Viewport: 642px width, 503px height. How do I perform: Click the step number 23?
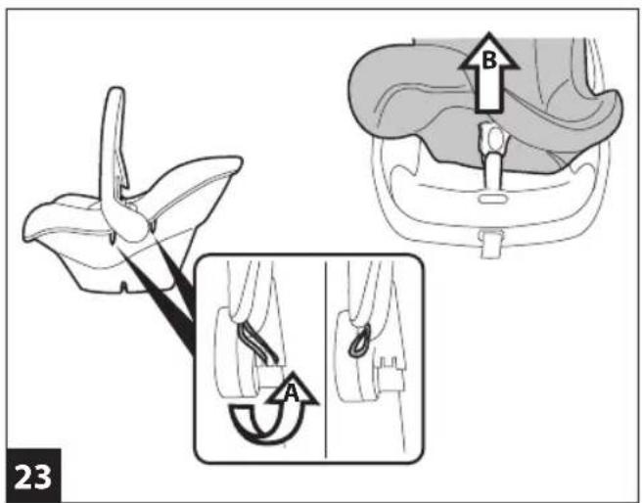[33, 477]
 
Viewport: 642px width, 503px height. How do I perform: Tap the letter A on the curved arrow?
[291, 393]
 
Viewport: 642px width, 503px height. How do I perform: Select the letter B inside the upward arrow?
[489, 61]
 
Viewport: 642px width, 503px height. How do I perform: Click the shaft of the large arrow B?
[489, 90]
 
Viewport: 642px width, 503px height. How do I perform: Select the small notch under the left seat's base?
[124, 286]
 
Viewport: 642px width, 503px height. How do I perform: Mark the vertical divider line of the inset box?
[326, 359]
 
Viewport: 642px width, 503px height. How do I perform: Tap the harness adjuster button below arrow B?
[493, 138]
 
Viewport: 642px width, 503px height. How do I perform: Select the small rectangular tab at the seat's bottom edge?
[491, 244]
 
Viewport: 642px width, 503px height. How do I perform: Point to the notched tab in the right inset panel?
[390, 373]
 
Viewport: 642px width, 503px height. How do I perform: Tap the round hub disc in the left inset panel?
[230, 353]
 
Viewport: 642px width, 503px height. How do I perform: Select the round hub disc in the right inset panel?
[353, 355]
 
